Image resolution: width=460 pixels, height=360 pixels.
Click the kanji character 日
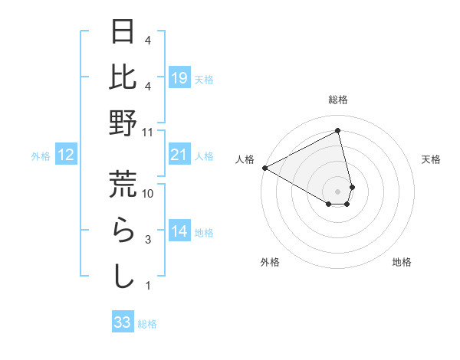point(123,33)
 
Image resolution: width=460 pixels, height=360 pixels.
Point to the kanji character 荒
point(123,184)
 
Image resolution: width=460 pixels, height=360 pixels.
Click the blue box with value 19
point(179,77)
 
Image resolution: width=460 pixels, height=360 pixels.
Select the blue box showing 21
point(179,155)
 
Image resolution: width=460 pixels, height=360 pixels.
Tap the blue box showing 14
point(179,231)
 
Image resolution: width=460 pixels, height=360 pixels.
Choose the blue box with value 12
point(65,155)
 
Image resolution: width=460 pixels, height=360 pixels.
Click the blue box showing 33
point(123,322)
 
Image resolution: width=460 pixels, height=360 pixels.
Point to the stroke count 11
point(148,132)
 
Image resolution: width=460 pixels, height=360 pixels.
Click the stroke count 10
point(148,194)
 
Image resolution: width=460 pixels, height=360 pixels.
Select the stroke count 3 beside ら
point(148,241)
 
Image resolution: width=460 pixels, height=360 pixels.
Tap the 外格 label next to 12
point(41,156)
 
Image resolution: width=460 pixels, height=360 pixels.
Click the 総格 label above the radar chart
point(337,100)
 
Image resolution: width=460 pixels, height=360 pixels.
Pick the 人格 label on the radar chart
point(245,159)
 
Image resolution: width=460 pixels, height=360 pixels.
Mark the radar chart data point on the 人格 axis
point(264,168)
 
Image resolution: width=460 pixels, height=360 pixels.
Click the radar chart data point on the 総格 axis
point(337,131)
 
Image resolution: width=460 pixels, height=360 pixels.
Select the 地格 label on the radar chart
point(402,262)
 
